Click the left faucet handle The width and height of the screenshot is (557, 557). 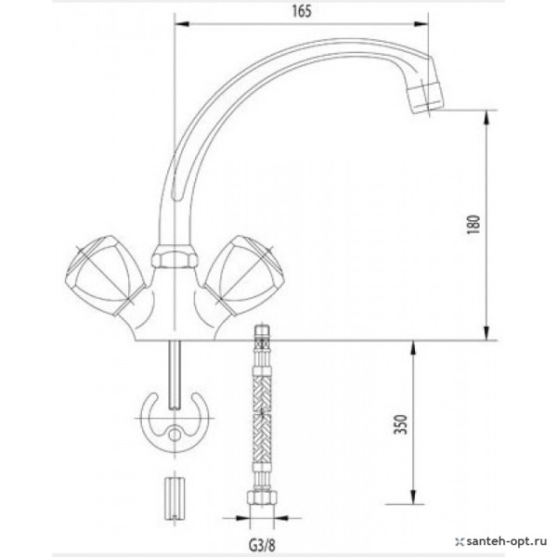point(101,274)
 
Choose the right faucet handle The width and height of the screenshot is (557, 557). point(243,275)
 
